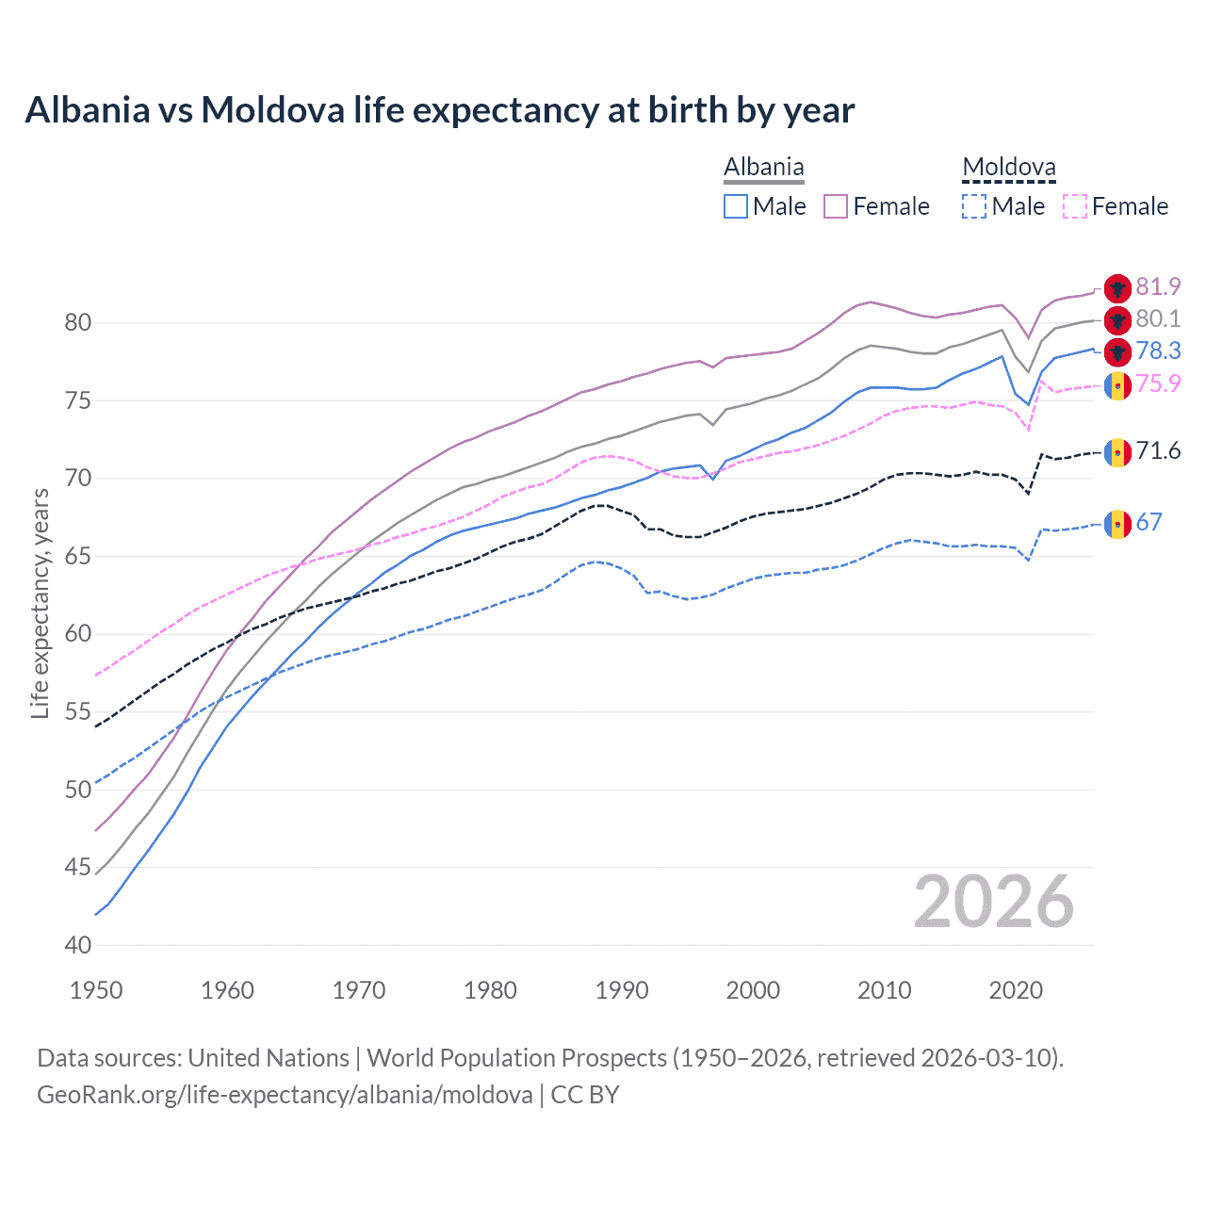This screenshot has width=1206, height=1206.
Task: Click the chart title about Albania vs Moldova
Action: [439, 110]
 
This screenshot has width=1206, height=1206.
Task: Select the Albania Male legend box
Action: [736, 206]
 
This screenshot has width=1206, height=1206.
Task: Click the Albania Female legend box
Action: [836, 206]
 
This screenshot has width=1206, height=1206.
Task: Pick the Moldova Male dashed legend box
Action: [974, 206]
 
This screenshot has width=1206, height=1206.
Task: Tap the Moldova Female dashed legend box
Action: [1075, 206]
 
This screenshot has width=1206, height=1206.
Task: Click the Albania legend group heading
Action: [763, 168]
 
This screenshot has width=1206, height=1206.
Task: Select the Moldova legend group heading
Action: [1008, 168]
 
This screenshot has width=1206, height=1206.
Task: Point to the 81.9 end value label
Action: [1158, 287]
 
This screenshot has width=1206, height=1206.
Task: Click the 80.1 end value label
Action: [1158, 319]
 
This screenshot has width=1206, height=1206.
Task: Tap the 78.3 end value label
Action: [1158, 351]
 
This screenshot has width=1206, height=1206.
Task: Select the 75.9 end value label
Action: [1158, 383]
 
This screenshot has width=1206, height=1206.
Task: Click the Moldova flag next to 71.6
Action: [1117, 452]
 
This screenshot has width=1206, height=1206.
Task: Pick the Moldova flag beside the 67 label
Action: [1117, 523]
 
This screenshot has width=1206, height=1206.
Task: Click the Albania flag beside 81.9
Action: [1117, 288]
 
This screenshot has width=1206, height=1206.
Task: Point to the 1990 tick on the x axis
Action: [622, 990]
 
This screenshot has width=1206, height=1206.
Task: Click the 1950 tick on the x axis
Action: [97, 990]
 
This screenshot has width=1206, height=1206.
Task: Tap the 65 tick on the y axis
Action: [78, 556]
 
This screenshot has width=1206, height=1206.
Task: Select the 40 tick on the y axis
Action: [78, 945]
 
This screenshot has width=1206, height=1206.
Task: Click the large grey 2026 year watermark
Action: [993, 902]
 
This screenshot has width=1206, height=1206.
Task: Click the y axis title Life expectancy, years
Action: [40, 603]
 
